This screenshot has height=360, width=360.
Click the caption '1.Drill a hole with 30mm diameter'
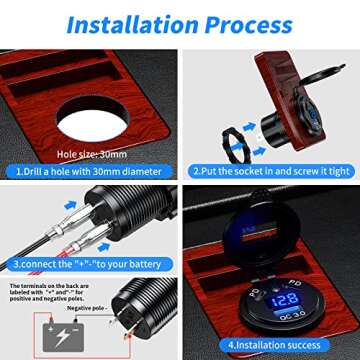[x=90, y=171]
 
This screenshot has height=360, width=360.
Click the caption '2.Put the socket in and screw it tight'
[x=270, y=171]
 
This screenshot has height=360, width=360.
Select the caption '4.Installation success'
[x=271, y=345]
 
